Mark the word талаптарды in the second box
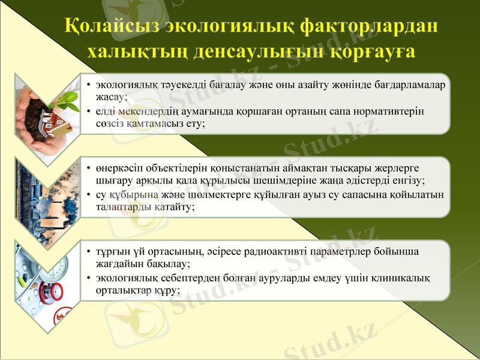120,206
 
